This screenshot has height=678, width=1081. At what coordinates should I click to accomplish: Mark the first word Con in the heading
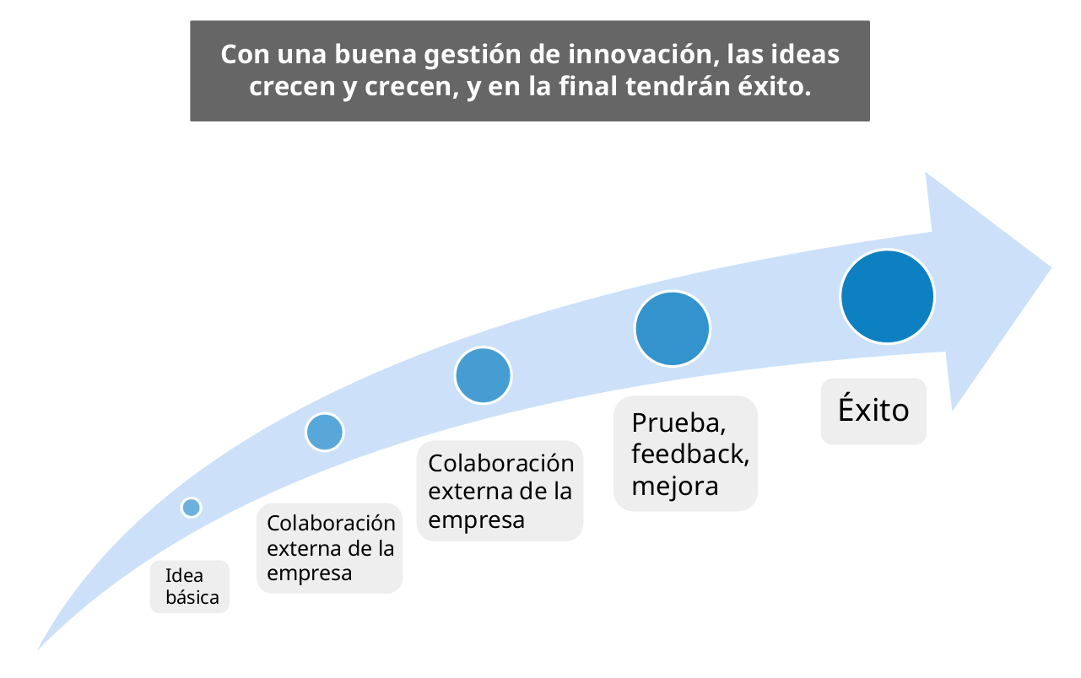point(243,55)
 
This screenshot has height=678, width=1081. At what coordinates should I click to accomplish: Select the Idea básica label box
point(190,587)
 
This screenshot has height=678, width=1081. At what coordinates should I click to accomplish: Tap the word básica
point(192,598)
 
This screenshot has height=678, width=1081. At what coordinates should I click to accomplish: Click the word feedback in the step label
point(689,454)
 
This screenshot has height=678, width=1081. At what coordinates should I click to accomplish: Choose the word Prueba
point(678,422)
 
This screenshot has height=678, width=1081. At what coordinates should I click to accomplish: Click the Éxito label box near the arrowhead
point(873,411)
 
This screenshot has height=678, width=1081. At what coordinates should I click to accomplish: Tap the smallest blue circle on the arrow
point(192,508)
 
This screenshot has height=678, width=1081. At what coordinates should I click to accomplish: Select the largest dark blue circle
point(887,297)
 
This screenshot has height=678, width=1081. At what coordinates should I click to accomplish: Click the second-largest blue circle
point(673,329)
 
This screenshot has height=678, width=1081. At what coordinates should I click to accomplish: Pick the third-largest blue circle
point(484,375)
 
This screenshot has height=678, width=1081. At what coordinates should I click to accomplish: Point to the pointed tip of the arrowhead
point(1051,269)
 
